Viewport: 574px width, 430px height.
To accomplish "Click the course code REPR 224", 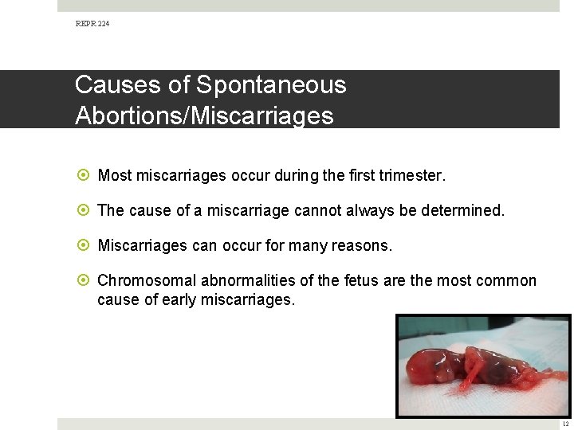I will [x=92, y=24].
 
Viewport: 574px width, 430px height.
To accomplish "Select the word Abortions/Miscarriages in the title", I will [x=204, y=115].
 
